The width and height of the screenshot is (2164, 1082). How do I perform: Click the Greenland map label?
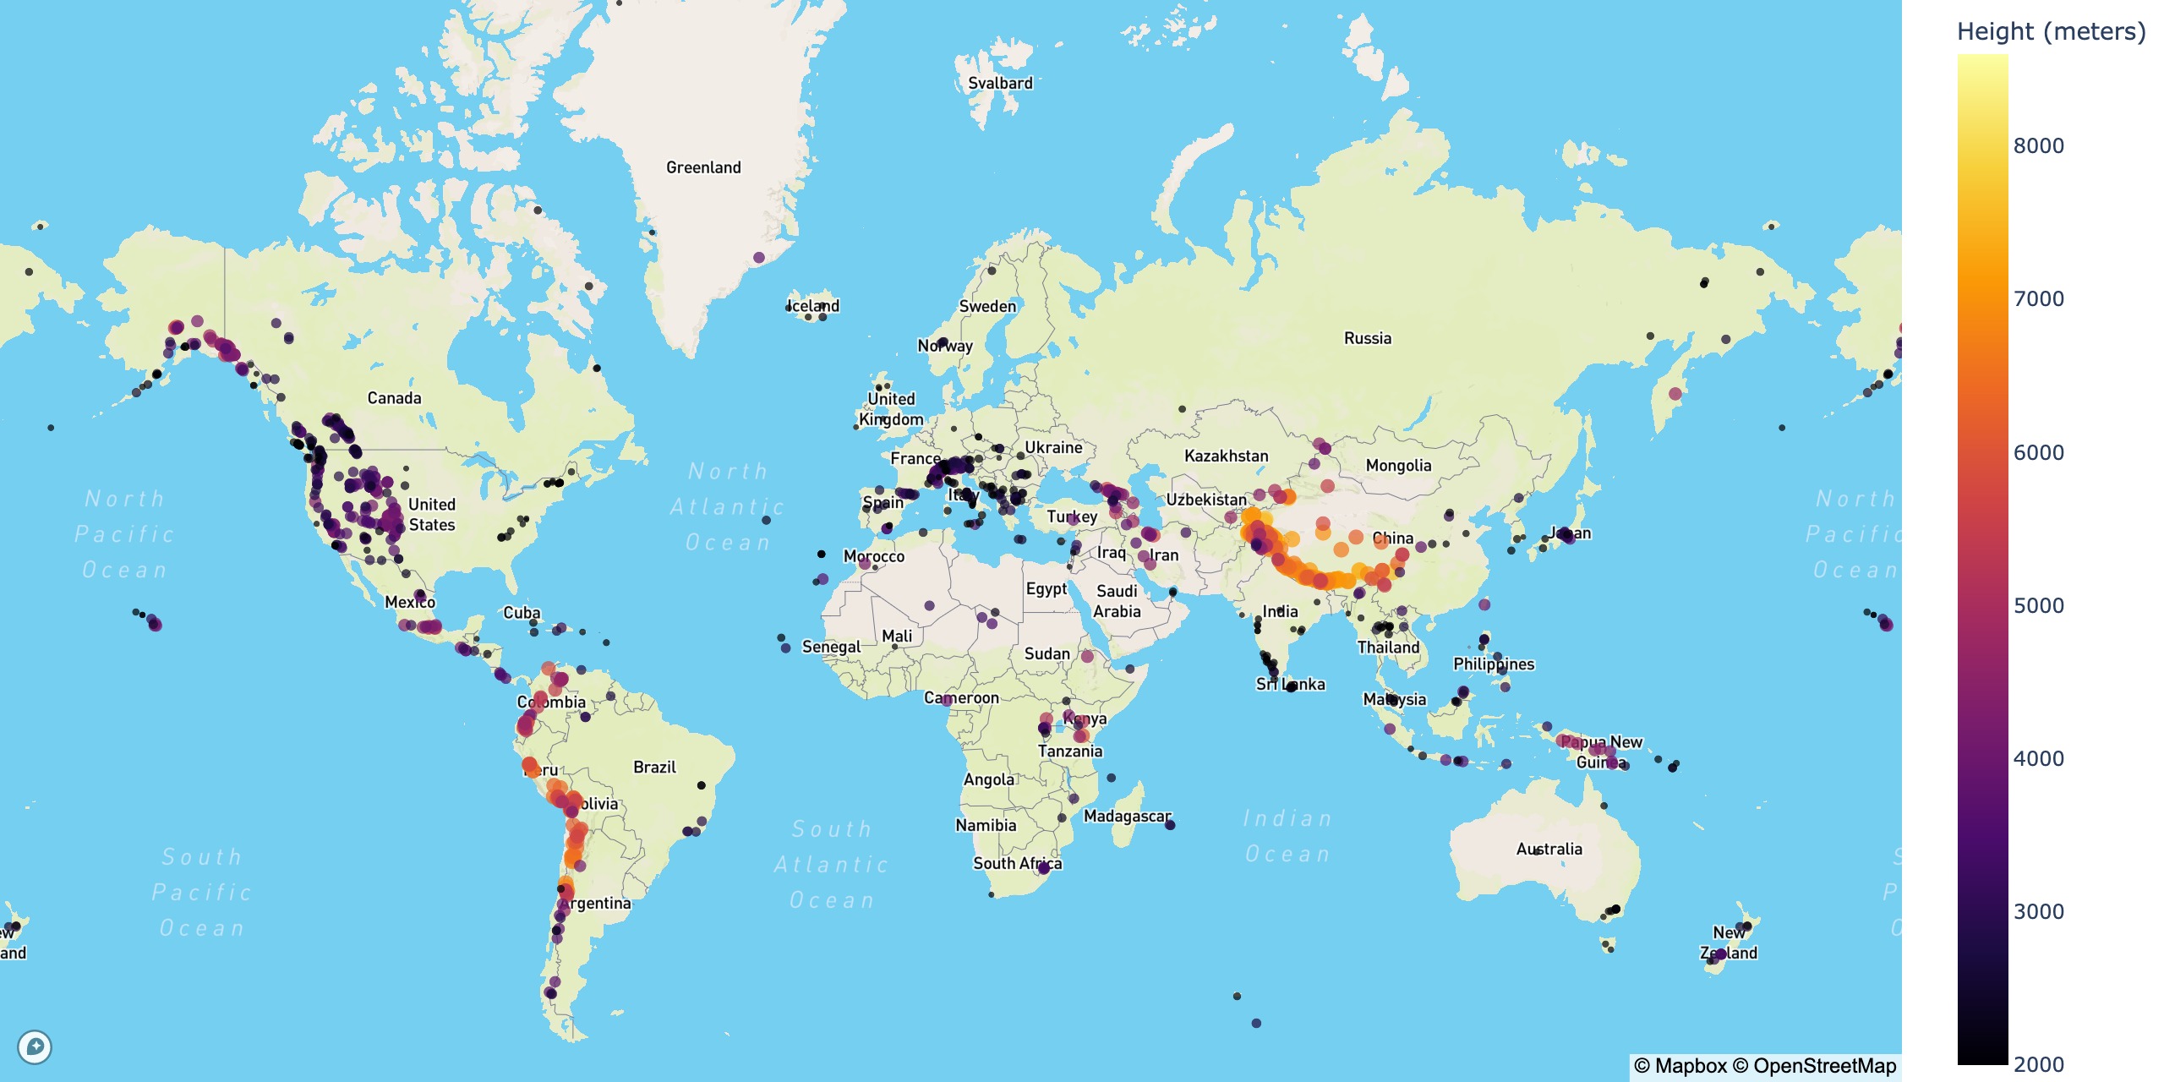(x=703, y=167)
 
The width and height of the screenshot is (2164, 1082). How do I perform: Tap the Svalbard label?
(x=1000, y=83)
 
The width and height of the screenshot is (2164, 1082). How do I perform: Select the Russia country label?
(x=1367, y=338)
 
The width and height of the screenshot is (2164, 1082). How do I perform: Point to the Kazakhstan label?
(x=1226, y=456)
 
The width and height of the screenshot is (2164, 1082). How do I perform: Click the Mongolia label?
(x=1398, y=466)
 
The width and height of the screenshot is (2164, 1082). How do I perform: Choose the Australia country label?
(x=1549, y=849)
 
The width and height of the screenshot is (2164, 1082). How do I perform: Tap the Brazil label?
(x=654, y=767)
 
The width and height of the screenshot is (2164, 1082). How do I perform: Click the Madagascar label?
(x=1127, y=816)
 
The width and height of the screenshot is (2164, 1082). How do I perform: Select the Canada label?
(x=394, y=398)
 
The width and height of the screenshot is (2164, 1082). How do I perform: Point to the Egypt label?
(x=1046, y=588)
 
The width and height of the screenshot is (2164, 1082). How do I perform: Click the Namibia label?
(x=986, y=825)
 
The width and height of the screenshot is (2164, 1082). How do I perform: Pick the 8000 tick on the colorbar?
(x=2038, y=145)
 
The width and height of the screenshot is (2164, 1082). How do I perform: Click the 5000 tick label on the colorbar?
(x=2038, y=605)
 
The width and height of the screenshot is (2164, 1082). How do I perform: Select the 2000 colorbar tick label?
(x=2038, y=1064)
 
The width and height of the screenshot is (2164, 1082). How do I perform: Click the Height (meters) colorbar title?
(x=2051, y=31)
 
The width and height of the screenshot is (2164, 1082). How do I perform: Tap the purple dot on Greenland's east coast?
(x=758, y=257)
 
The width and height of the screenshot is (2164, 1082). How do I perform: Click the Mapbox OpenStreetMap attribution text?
(x=1765, y=1066)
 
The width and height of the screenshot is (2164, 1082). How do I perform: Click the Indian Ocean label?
(x=1287, y=836)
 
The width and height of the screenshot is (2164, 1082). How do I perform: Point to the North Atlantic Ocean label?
(x=728, y=506)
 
